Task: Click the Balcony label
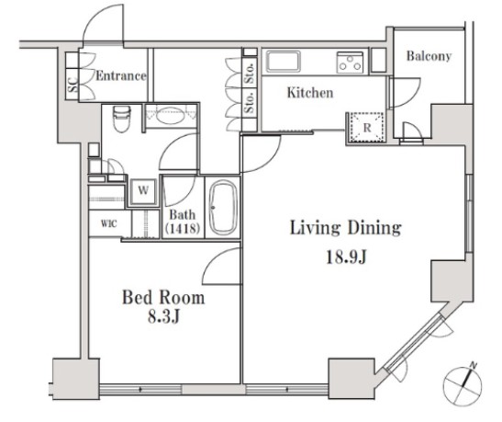point(429,56)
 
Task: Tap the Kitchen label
point(310,93)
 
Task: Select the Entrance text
point(121,76)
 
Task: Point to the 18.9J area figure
point(346,257)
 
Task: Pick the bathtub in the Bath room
point(223,208)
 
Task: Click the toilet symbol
point(122,119)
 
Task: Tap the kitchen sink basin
point(284,62)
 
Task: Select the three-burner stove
point(350,63)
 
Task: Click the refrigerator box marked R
point(367,128)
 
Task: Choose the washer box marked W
point(143,191)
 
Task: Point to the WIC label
point(109,223)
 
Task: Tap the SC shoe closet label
point(73,85)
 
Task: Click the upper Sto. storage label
point(250,74)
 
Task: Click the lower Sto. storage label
point(250,102)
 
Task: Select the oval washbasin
point(171,115)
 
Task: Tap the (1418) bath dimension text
point(183,228)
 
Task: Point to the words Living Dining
point(346,228)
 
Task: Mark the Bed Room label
point(163,298)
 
